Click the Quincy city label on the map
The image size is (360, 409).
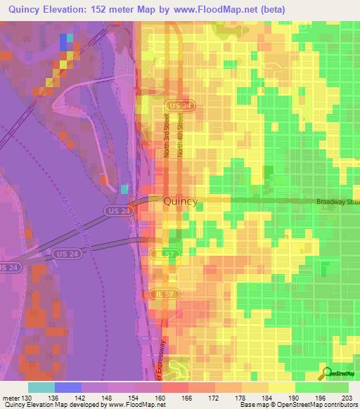[181, 201]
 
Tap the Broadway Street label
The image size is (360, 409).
[337, 202]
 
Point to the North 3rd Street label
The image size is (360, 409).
[167, 138]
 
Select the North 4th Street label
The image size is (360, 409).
[181, 138]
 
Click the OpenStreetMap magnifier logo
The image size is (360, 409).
[328, 373]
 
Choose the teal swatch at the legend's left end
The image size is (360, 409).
[41, 387]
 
